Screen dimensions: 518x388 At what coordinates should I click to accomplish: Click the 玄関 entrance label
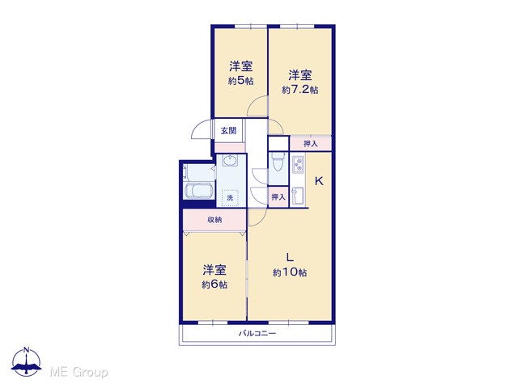point(228,131)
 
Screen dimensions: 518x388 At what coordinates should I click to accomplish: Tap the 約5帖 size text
point(241,81)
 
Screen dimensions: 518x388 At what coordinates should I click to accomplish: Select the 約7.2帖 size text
point(300,90)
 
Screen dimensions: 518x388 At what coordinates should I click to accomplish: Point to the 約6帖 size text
point(214,285)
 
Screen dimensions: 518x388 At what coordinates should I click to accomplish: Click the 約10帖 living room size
point(290,272)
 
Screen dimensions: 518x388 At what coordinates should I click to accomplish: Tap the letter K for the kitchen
point(319,181)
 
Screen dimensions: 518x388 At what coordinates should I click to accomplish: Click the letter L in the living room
point(290,257)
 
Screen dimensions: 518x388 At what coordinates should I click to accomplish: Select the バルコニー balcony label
point(257,334)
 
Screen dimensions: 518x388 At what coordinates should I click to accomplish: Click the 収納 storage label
point(214,220)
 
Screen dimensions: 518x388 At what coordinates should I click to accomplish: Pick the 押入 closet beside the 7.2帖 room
point(311,144)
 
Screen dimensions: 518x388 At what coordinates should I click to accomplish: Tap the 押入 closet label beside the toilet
point(278,197)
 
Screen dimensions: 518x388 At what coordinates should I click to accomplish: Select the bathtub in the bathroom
point(199,191)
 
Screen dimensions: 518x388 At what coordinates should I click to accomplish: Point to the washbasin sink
point(230,161)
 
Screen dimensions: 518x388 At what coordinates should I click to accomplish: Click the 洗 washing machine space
point(230,197)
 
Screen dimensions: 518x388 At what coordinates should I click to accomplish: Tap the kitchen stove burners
point(299,164)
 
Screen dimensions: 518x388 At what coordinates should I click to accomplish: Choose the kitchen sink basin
point(298,196)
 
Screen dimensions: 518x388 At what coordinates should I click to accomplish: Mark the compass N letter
point(27,350)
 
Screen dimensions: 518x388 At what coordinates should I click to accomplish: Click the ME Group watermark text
point(79,373)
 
